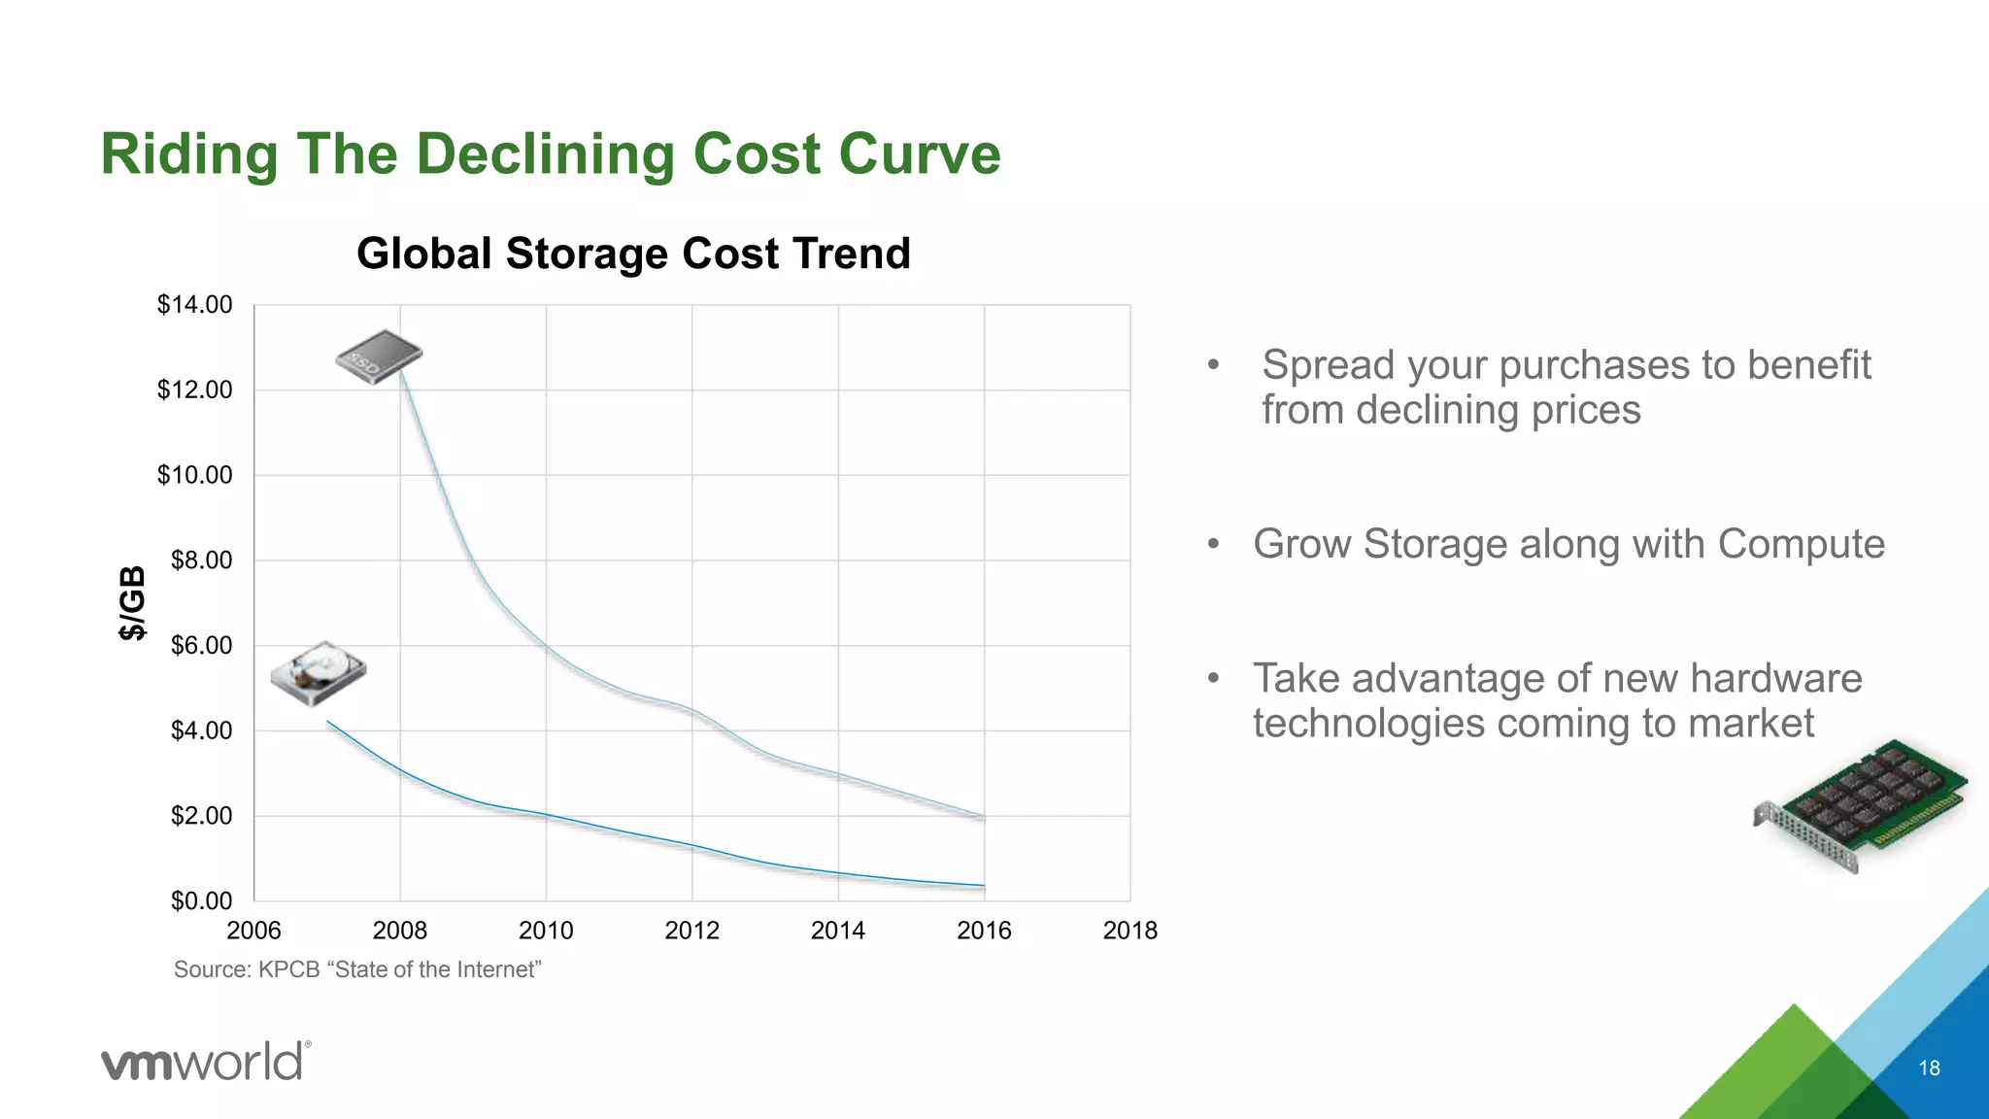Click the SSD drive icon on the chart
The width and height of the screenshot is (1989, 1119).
tap(380, 356)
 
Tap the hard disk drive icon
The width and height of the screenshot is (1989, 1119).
tap(318, 672)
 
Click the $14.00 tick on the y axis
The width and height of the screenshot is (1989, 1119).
tap(194, 305)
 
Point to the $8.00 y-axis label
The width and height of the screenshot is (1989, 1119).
tap(201, 560)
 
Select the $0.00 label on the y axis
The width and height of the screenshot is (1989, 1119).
tap(201, 901)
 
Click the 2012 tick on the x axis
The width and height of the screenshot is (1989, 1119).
tap(691, 931)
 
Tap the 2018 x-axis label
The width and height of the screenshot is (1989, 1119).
tap(1129, 931)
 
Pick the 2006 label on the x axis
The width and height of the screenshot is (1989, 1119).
tap(253, 931)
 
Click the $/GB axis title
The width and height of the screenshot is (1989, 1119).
tap(132, 602)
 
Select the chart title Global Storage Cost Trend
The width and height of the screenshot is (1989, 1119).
tap(633, 254)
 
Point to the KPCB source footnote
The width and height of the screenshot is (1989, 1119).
tap(357, 969)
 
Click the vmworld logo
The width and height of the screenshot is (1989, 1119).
tap(206, 1061)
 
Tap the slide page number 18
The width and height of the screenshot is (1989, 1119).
tap(1929, 1068)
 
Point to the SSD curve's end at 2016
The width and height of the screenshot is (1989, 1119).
tap(984, 817)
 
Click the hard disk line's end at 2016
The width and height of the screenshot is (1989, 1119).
tap(984, 886)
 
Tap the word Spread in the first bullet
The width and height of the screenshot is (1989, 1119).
tap(1328, 365)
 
